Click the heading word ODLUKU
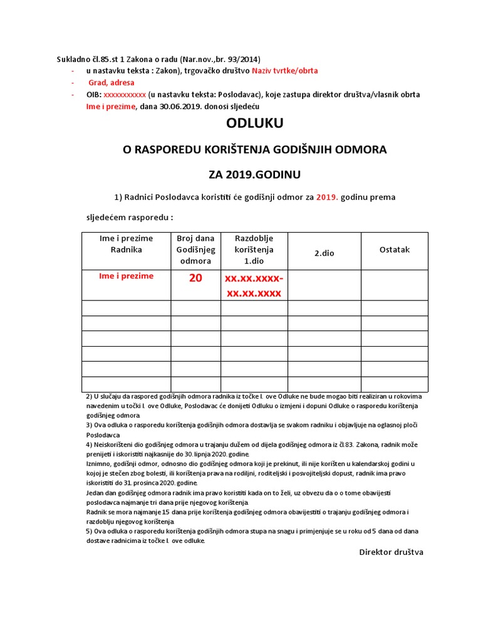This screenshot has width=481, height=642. click(255, 124)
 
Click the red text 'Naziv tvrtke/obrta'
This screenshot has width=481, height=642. click(285, 71)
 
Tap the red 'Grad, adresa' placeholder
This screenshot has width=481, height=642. click(111, 83)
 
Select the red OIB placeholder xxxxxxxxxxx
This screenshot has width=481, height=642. click(125, 95)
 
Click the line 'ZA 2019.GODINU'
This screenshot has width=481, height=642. click(254, 173)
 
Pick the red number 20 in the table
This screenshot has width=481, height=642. click(195, 278)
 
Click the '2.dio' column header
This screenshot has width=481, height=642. click(324, 253)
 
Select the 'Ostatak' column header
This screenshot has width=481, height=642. click(395, 250)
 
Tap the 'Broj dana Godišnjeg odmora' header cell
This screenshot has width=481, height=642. click(195, 250)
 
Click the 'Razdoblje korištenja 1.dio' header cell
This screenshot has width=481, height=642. click(254, 250)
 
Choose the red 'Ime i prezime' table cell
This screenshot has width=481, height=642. click(126, 276)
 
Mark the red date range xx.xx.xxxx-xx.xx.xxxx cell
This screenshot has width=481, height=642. click(254, 285)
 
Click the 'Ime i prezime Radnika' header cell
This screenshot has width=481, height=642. click(126, 244)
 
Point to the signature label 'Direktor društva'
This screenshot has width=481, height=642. click(391, 552)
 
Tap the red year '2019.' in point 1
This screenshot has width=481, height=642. click(326, 197)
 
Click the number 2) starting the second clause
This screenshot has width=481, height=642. click(89, 397)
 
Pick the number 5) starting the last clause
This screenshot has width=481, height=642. click(89, 531)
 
